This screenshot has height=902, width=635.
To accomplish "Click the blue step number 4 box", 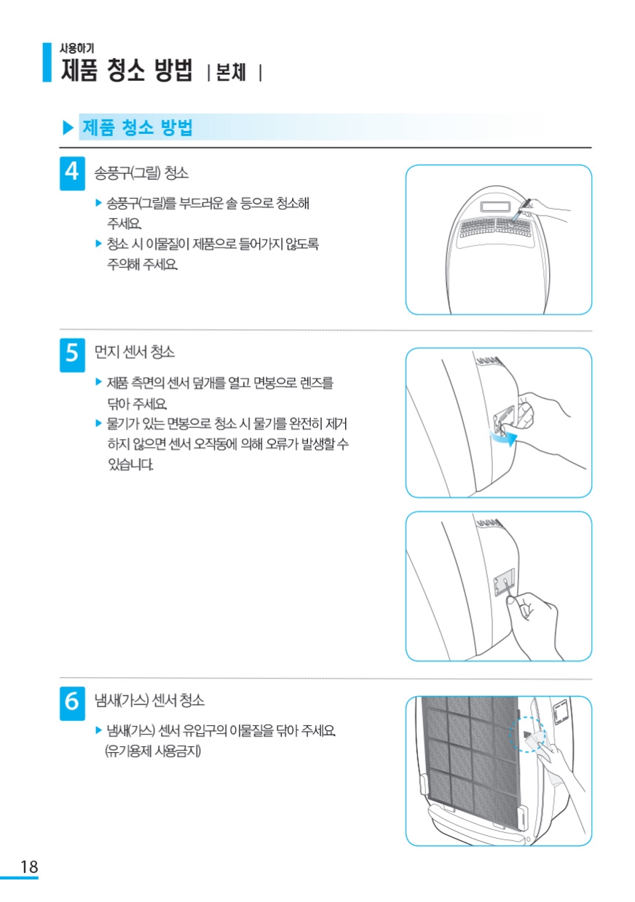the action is pos(72,173).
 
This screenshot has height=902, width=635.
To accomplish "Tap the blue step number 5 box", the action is pos(72,355).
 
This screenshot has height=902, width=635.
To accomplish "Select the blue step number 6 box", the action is pos(72,703).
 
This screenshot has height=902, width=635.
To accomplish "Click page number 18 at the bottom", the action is pos(29,866).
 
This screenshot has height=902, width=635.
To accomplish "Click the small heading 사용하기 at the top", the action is pos(76,48).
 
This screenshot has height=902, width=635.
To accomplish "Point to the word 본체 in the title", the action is pos(231,73).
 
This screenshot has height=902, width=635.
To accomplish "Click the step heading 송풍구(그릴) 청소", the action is pos(141,173).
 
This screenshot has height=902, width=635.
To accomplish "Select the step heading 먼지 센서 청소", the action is pos(135,352).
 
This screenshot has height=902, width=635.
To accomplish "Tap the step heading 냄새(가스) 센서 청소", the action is pos(149,700).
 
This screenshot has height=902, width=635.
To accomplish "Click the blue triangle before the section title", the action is pos(68,127).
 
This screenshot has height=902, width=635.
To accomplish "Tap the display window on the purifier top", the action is pos(495,207).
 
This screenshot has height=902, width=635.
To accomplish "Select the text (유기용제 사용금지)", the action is pos(153,751).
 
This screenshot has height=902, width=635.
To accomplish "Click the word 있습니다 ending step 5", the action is pos(130,464).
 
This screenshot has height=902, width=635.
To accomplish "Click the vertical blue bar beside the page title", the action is pos(47,63).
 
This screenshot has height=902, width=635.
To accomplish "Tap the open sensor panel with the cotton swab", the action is pos(505,581).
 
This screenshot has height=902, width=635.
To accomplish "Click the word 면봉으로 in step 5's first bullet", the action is pos(275,382).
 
